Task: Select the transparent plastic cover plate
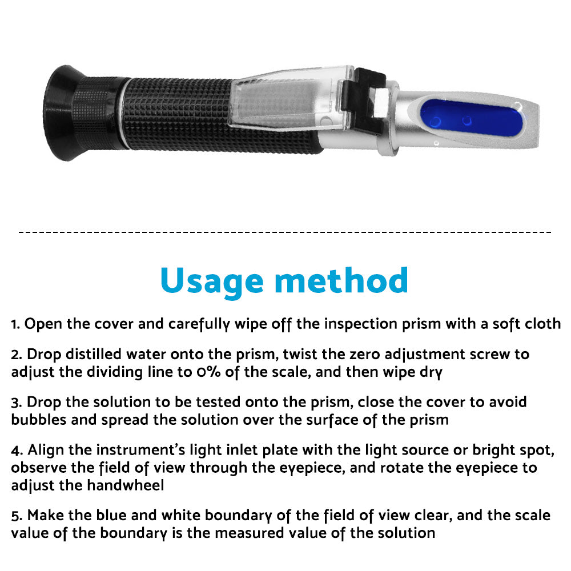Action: pos(285,97)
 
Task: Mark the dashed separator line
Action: pos(285,232)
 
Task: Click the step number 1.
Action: pos(14,324)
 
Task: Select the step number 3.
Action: pos(15,402)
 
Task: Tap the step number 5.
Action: pos(15,516)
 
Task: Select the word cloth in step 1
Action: pos(541,324)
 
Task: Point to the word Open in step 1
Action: pos(41,324)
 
